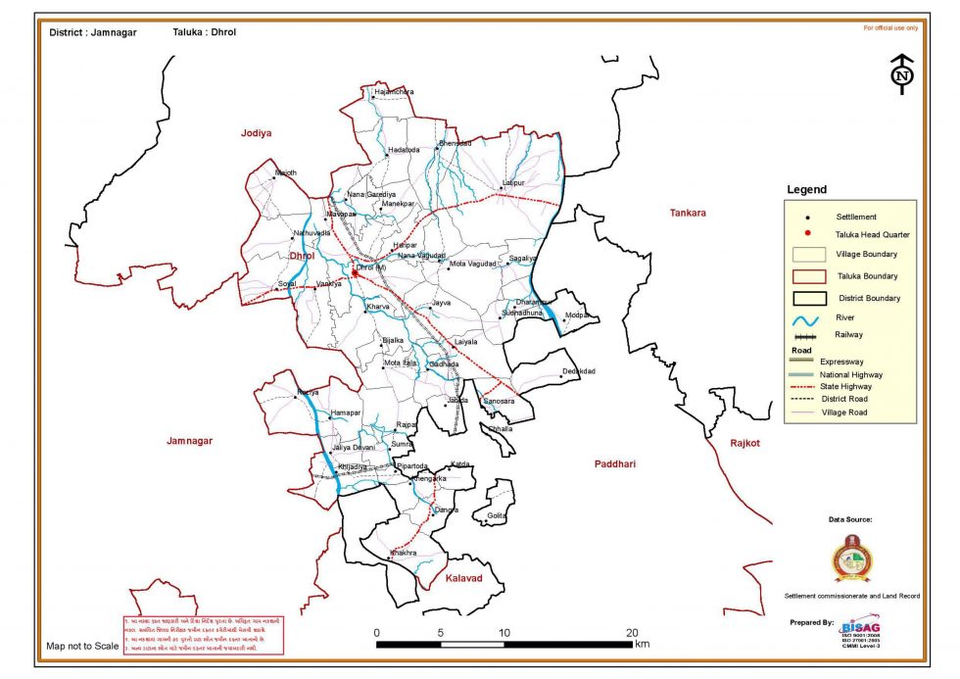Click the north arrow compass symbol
pos(901,74)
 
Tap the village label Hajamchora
pos(394,92)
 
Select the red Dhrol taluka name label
pos(304,256)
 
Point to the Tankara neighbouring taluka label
pos(688,213)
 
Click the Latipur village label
pos(513,182)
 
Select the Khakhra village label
pos(404,554)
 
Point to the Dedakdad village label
pos(579,371)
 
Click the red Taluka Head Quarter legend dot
pos(807,234)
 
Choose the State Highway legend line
pos(807,387)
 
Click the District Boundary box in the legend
pos(807,298)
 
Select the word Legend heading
pos(807,190)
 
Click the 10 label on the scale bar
pos(504,632)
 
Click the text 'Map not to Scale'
pos(82,646)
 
